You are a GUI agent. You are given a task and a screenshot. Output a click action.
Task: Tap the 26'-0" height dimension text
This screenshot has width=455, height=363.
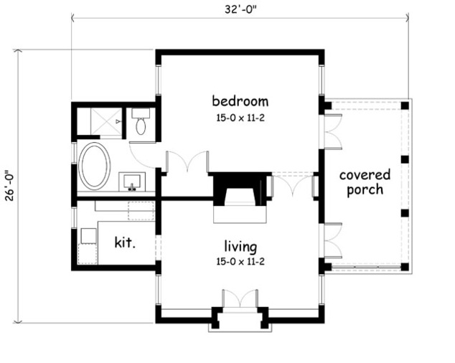tap(9, 186)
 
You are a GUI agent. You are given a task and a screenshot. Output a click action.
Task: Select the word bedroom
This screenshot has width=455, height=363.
tap(240, 100)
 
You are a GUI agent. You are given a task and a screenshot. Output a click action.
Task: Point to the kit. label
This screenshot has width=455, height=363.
tap(125, 242)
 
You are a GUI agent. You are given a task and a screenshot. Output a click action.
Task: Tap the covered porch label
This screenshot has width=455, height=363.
tap(365, 182)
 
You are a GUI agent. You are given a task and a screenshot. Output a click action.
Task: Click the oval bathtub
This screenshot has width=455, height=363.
tap(94, 165)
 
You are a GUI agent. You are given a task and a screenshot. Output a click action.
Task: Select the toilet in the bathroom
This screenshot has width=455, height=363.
tap(141, 124)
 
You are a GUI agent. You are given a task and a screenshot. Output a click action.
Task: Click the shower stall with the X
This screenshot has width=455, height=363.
tap(101, 122)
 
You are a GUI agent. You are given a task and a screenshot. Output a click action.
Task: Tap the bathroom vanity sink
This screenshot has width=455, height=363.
tap(132, 181)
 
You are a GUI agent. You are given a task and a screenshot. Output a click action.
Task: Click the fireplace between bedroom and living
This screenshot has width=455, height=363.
tap(240, 192)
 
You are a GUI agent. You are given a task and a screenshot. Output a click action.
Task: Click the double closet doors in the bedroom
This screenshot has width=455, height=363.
tap(187, 162)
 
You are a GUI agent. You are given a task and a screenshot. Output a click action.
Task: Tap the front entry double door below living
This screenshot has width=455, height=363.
tap(240, 300)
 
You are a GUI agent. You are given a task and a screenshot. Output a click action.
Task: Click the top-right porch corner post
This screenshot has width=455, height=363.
tap(405, 105)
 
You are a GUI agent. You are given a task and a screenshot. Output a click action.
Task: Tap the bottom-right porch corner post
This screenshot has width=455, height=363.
tap(405, 267)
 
